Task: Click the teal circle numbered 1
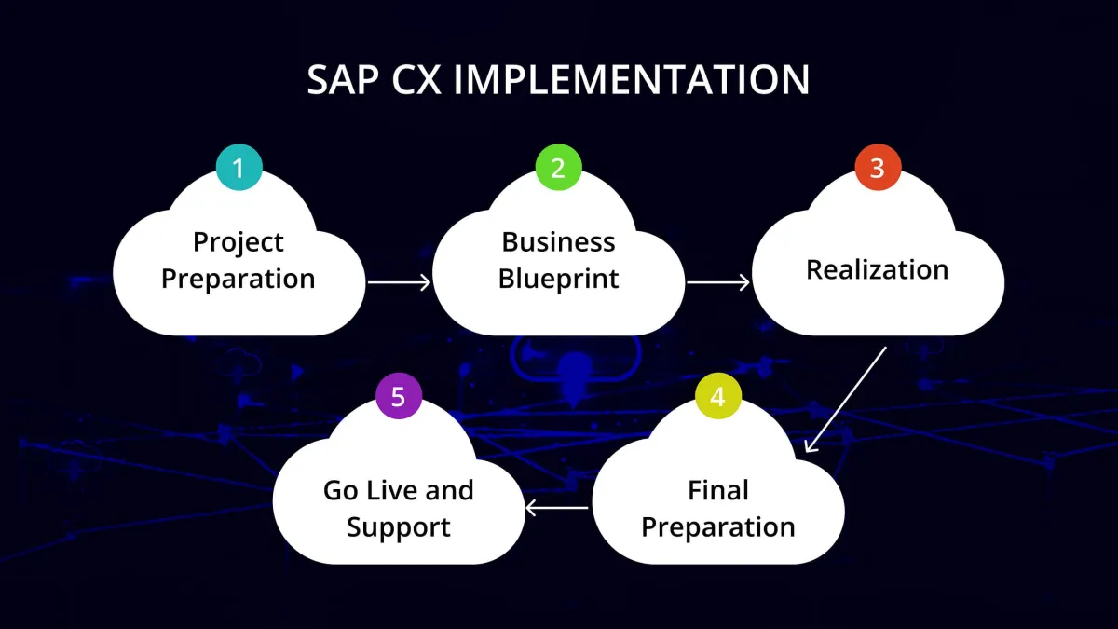click(239, 169)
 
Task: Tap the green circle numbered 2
click(558, 169)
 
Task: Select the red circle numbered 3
click(878, 169)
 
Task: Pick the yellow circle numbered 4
click(717, 397)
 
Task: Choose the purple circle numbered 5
click(399, 397)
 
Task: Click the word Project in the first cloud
click(239, 242)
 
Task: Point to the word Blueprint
click(558, 279)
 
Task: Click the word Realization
click(877, 269)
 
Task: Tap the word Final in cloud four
click(718, 489)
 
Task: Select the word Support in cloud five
click(399, 526)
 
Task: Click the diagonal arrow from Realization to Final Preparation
click(845, 400)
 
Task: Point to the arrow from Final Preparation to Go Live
click(557, 508)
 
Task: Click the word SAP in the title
click(343, 81)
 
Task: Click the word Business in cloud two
click(558, 242)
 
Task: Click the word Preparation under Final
click(718, 526)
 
